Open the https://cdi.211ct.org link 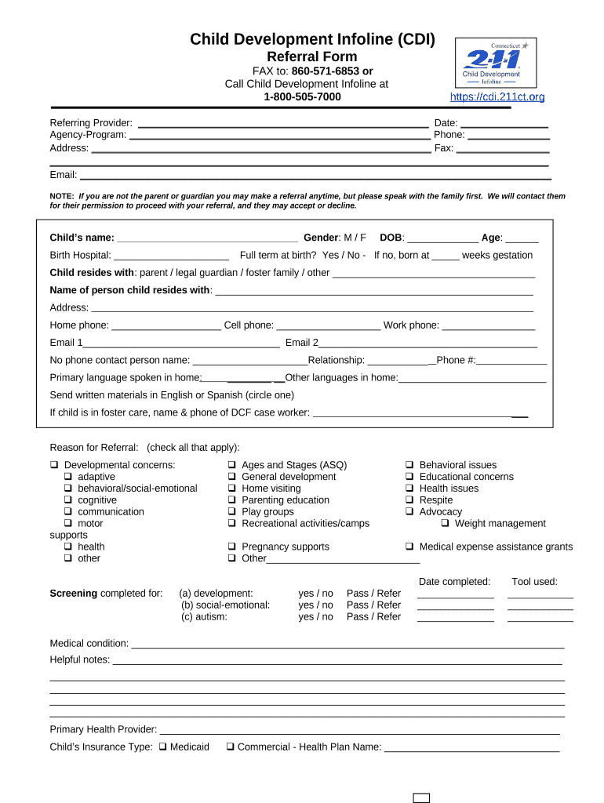[x=497, y=97]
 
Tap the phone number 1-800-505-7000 [x=302, y=97]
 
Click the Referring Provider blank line [x=282, y=123]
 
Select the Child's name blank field [x=207, y=238]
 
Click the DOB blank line [x=442, y=238]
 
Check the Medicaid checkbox [x=163, y=747]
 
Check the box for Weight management [x=446, y=524]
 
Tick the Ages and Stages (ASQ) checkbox [x=233, y=465]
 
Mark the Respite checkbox [x=409, y=500]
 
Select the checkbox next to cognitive [x=69, y=500]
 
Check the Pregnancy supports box [x=233, y=547]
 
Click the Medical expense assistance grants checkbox [x=409, y=547]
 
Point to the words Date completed [x=454, y=582]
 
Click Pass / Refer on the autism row [x=373, y=617]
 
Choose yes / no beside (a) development [x=315, y=594]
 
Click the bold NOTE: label [x=61, y=196]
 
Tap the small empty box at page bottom [x=421, y=798]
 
